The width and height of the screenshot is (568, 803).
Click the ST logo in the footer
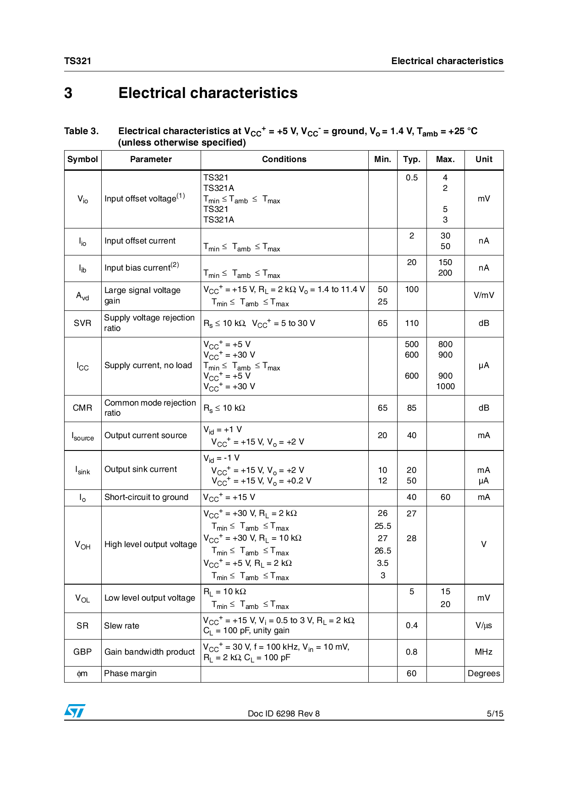tap(75, 711)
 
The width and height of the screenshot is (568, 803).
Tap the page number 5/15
tap(495, 714)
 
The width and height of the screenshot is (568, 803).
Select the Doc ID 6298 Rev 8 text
tap(284, 714)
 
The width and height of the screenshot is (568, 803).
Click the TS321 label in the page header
tap(77, 61)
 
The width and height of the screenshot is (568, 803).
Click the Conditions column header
tap(284, 159)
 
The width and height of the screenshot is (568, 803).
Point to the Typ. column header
tap(411, 159)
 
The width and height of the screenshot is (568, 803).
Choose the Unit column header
tap(484, 159)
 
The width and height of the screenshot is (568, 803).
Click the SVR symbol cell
tap(82, 323)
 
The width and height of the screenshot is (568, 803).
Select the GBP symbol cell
tap(82, 652)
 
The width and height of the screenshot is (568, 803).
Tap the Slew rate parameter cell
tap(122, 626)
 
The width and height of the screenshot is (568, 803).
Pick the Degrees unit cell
tap(484, 673)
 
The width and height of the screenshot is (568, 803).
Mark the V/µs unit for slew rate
tap(484, 625)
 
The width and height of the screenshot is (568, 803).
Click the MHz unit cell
tap(484, 652)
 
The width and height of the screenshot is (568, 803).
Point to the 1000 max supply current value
tap(445, 386)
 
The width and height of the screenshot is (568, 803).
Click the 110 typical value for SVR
tap(411, 323)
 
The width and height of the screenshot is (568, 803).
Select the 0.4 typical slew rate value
tap(411, 625)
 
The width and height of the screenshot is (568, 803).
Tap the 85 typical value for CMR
tap(411, 408)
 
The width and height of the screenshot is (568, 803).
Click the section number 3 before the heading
tap(68, 93)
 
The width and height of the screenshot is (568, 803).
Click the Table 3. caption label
tap(81, 131)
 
